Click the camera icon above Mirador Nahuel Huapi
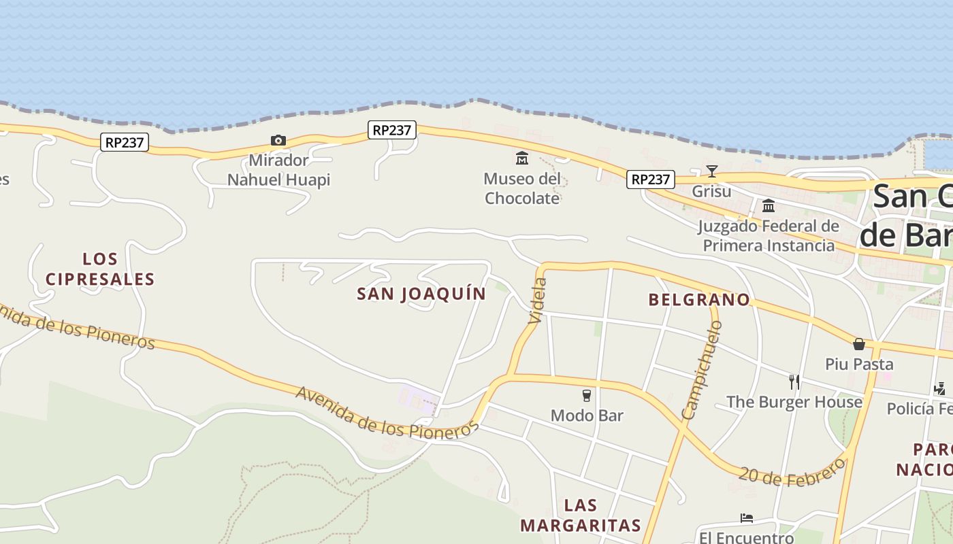[278, 141]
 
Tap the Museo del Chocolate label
[522, 188]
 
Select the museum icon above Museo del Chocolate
[522, 158]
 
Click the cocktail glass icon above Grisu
[711, 171]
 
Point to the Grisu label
[711, 191]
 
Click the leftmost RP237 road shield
[125, 142]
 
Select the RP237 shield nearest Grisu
[651, 180]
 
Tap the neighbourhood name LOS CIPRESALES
[101, 269]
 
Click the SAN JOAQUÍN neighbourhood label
[421, 294]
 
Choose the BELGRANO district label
[698, 300]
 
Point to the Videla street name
[538, 300]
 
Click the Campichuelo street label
[702, 370]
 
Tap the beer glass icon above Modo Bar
[586, 395]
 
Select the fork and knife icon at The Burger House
[794, 381]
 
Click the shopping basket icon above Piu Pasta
[859, 344]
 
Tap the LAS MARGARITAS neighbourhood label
[581, 515]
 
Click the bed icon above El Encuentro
[746, 518]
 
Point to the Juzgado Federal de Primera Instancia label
[769, 236]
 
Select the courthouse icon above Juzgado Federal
[769, 205]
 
